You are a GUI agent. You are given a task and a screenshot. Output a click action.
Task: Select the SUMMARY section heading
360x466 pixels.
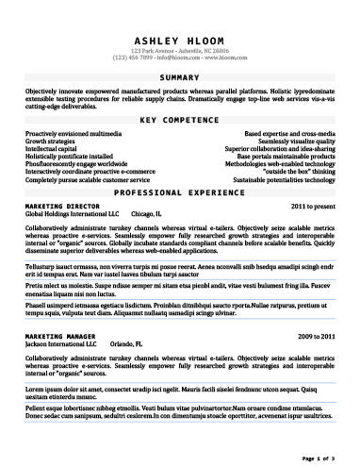[180, 75]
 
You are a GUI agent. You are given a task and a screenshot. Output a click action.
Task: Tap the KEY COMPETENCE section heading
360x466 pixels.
[180, 121]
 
